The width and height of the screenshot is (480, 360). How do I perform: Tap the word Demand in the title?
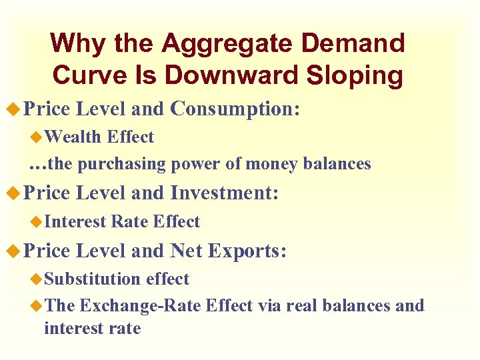[x=352, y=44]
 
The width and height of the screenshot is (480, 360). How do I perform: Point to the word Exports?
[x=247, y=251]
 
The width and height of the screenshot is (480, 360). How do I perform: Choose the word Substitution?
[x=93, y=279]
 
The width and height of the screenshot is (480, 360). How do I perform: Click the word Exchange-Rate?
[x=141, y=306]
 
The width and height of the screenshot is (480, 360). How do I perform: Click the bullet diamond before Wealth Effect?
[x=37, y=137]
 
